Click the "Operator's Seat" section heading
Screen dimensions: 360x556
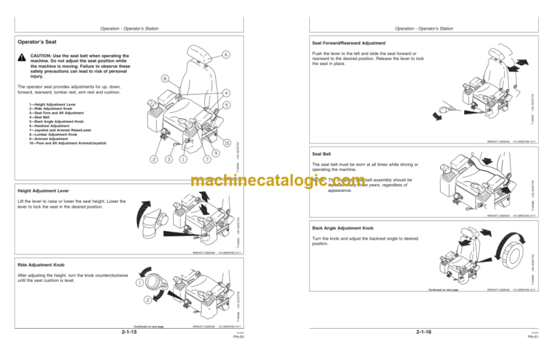pos(38,43)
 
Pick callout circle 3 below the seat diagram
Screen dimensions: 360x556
pos(168,159)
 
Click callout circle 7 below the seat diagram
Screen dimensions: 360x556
pos(207,159)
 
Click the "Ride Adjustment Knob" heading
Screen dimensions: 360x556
pos(43,265)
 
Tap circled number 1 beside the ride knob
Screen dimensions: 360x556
pos(138,282)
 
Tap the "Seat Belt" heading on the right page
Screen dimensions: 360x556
pos(321,154)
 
